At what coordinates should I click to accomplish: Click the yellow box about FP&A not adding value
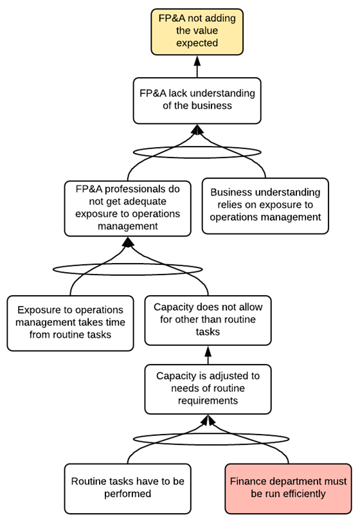(197, 32)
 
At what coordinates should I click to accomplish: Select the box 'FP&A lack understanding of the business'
(197, 100)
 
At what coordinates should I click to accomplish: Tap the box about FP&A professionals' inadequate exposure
(128, 208)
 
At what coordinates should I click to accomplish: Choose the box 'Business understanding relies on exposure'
(265, 206)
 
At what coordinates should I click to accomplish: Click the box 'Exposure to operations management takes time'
(70, 323)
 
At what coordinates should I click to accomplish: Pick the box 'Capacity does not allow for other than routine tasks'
(208, 320)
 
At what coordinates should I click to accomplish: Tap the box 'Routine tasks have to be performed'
(128, 489)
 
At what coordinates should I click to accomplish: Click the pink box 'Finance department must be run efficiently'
(288, 489)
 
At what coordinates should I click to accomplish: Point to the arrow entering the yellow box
(197, 66)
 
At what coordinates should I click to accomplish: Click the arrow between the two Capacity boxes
(208, 355)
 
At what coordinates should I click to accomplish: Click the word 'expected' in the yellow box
(197, 43)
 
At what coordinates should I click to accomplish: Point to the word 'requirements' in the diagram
(208, 401)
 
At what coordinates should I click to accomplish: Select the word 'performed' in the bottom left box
(128, 494)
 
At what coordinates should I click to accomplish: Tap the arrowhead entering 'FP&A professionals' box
(128, 242)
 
